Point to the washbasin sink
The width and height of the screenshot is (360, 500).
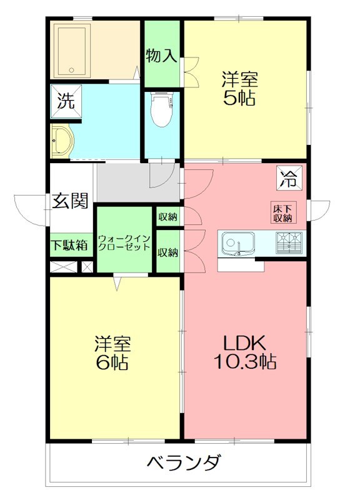[61, 142]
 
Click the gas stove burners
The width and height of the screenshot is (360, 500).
[289, 242]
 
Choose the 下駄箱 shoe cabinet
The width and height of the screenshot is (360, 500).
[69, 244]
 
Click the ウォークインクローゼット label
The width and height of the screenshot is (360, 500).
[124, 242]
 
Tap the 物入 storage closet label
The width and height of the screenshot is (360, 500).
[161, 56]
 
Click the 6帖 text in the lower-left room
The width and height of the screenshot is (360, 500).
[112, 362]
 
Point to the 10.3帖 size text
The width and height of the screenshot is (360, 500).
[244, 361]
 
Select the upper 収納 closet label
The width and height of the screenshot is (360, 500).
[167, 217]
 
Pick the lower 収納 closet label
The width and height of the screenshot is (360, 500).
[167, 252]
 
